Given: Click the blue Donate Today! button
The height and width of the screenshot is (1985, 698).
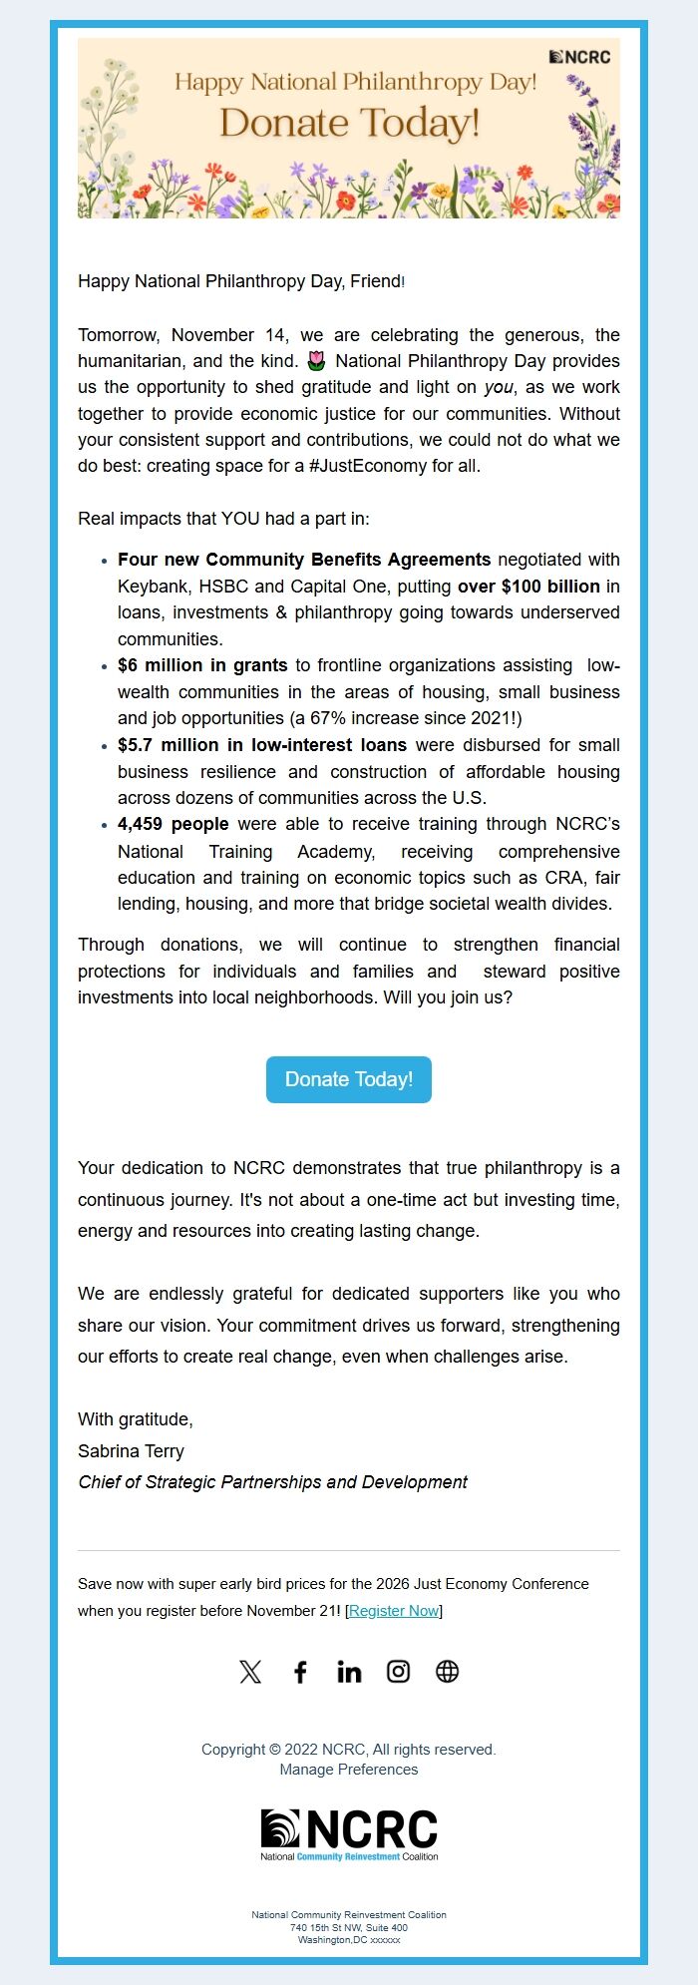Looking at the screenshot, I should pyautogui.click(x=349, y=1079).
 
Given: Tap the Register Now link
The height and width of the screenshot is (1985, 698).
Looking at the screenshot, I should pyautogui.click(x=394, y=1611).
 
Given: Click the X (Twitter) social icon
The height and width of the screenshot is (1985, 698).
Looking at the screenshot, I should pyautogui.click(x=250, y=1672).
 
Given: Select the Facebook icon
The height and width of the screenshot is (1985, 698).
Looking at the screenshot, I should pyautogui.click(x=300, y=1672).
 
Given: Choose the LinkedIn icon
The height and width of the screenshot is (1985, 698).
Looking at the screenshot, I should pyautogui.click(x=349, y=1672).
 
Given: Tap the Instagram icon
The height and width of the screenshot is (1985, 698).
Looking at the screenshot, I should pyautogui.click(x=398, y=1672).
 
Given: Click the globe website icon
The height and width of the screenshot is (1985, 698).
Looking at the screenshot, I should pyautogui.click(x=448, y=1672).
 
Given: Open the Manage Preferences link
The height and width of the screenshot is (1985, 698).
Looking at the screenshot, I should pyautogui.click(x=349, y=1770).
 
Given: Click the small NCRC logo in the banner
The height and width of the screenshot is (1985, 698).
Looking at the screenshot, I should pyautogui.click(x=580, y=57).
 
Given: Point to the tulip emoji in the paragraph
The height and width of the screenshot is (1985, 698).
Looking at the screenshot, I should pyautogui.click(x=317, y=361).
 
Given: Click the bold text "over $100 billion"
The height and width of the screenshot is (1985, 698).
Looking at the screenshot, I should pyautogui.click(x=528, y=587).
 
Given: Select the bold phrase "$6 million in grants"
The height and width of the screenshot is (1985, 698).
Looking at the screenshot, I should pyautogui.click(x=202, y=665).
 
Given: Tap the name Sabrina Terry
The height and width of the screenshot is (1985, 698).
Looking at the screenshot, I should pyautogui.click(x=131, y=1451).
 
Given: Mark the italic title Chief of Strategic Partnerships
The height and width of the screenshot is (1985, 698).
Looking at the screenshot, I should pyautogui.click(x=272, y=1482).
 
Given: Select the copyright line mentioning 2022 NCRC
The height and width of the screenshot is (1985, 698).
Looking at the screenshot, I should pyautogui.click(x=349, y=1750).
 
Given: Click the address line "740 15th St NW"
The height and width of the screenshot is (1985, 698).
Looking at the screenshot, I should pyautogui.click(x=349, y=1928).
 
